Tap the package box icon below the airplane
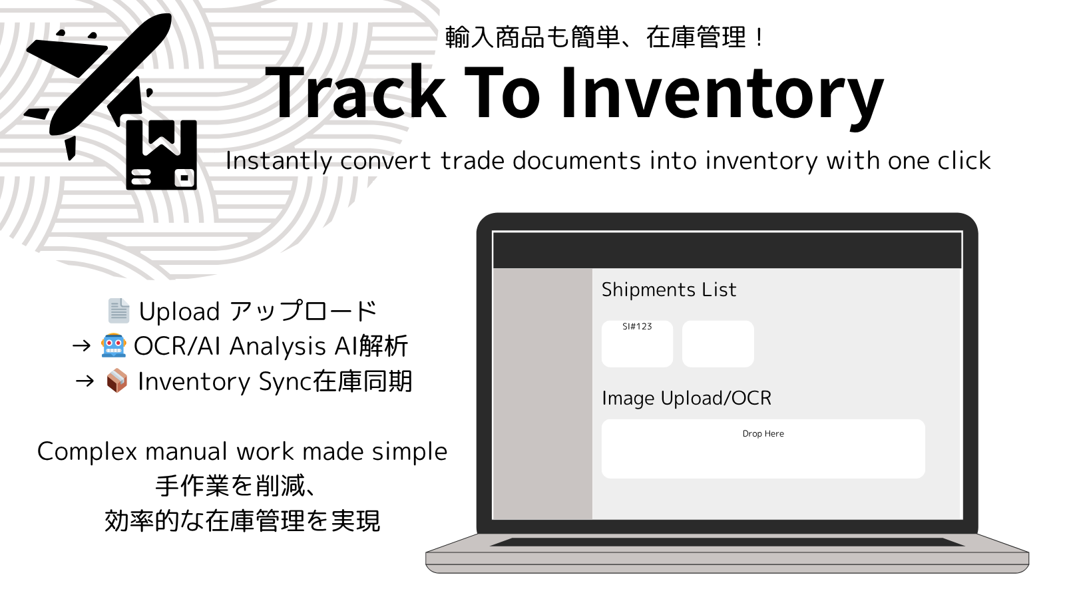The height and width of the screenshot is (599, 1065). point(162,155)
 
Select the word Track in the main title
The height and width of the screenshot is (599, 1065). point(355,93)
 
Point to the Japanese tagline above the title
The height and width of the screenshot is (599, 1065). point(604,37)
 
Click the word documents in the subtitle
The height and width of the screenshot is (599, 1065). point(576,160)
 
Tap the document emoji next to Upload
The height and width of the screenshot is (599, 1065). point(118,311)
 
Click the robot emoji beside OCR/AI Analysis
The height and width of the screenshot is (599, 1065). point(114,345)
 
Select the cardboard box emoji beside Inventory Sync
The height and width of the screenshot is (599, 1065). point(117,381)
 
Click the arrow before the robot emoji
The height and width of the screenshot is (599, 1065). point(81,345)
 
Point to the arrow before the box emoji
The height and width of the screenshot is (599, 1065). point(85,381)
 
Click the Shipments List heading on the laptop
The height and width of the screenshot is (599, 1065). point(669,290)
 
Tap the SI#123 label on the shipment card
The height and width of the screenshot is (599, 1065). point(637,327)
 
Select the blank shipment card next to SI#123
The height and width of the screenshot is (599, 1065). point(718,343)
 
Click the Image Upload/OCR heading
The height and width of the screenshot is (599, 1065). point(686,398)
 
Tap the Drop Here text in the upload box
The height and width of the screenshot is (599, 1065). point(763,433)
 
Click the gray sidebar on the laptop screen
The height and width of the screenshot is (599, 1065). point(543,393)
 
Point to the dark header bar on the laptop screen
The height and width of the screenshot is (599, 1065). point(728,250)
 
